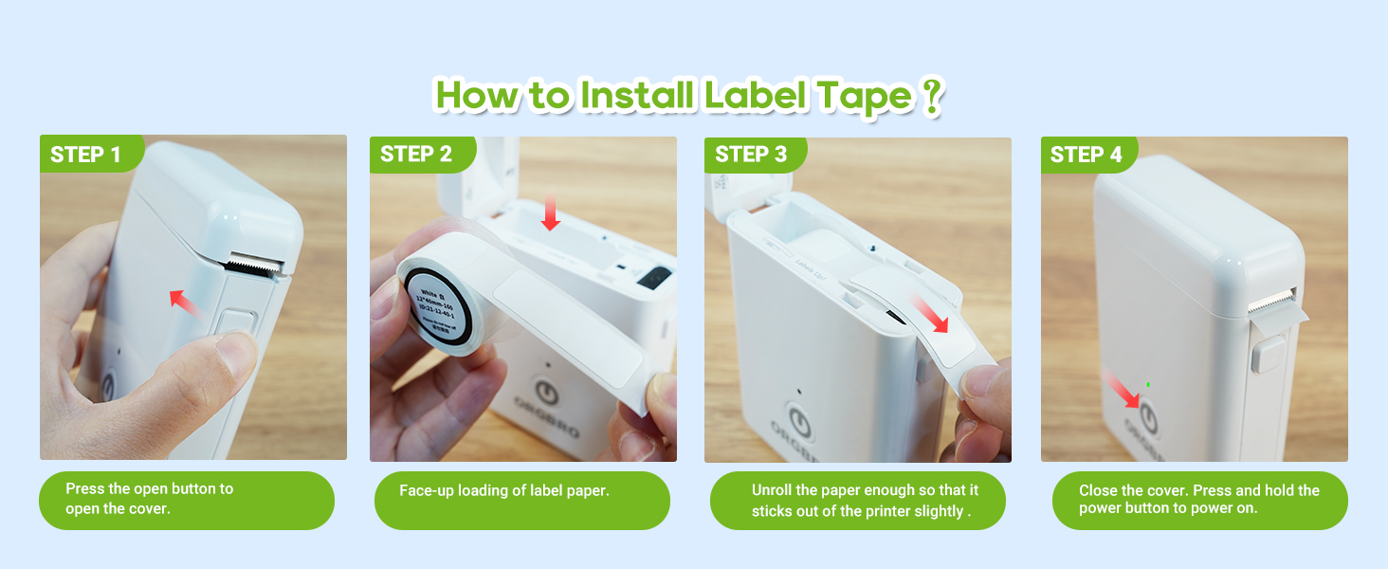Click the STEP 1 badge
click(86, 155)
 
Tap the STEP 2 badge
click(416, 155)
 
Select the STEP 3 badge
click(751, 155)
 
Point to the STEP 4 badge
click(1087, 155)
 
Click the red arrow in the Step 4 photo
click(1122, 390)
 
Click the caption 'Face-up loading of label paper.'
click(503, 491)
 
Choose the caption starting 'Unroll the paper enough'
click(864, 500)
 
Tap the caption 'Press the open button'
click(149, 499)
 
